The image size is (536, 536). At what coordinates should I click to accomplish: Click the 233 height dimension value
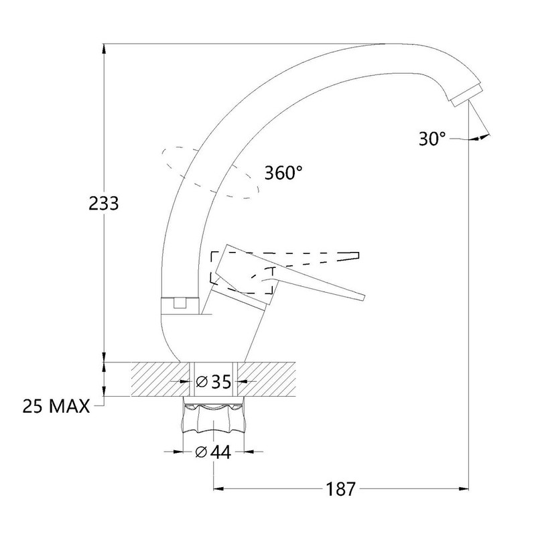tap(104, 204)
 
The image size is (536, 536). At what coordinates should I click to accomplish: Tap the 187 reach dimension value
tap(340, 489)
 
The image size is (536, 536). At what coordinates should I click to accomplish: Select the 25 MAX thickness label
tap(56, 407)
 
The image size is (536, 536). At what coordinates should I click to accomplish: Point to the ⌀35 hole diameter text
tap(213, 381)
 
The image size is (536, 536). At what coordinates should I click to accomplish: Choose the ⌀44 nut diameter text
tap(213, 453)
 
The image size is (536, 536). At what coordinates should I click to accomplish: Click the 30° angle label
tap(432, 139)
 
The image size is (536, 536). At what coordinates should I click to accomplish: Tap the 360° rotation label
tap(283, 173)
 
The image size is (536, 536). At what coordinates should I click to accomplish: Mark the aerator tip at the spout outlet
tap(466, 96)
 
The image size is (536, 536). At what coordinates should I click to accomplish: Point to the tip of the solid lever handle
tap(363, 297)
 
